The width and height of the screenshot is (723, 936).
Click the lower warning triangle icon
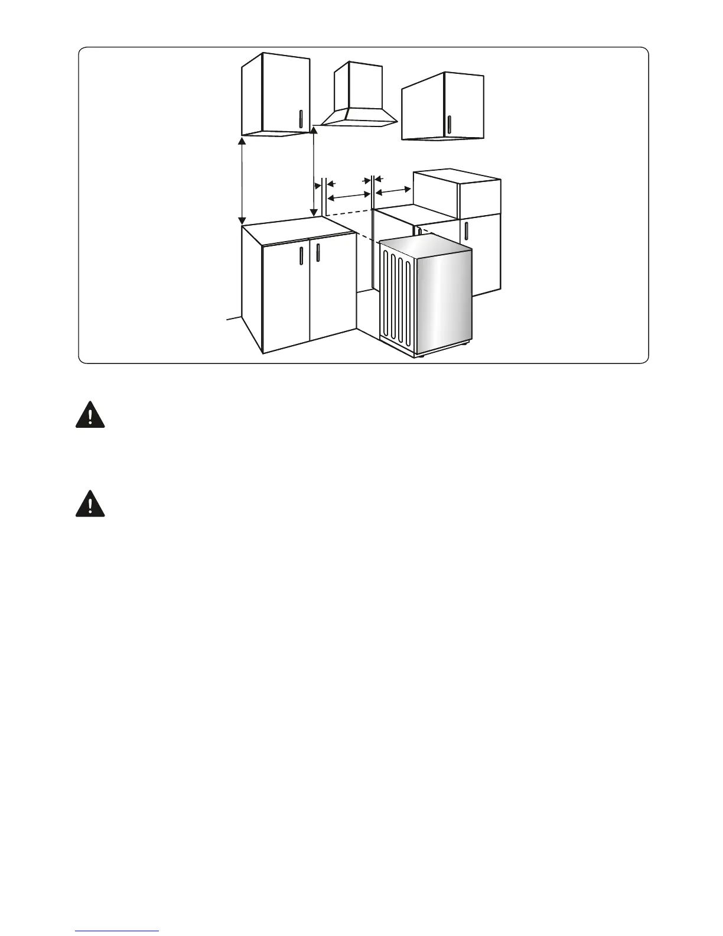[90, 503]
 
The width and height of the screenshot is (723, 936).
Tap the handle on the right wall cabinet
[449, 125]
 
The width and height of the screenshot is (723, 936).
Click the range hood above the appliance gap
[357, 116]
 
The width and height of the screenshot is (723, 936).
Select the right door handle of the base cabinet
[318, 252]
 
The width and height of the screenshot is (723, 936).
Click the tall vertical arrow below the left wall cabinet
[242, 180]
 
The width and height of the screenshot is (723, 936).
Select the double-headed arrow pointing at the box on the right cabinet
[393, 190]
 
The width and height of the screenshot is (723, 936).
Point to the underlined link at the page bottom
[117, 931]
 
